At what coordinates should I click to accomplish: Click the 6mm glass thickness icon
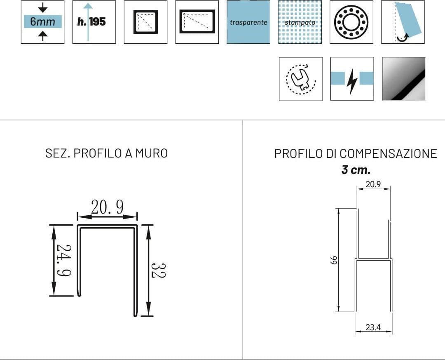[x=42, y=22]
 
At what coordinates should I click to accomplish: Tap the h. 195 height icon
[x=94, y=22]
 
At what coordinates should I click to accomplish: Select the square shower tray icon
[x=145, y=22]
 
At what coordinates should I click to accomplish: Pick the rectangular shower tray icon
[x=197, y=22]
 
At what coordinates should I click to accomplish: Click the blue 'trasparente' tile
[x=248, y=22]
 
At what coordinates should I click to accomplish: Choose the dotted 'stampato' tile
[x=300, y=22]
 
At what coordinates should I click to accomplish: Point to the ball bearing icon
[x=351, y=22]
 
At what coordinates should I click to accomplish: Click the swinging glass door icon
[x=403, y=22]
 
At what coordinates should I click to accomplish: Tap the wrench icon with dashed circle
[x=301, y=79]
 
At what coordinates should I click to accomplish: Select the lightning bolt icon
[x=352, y=79]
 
